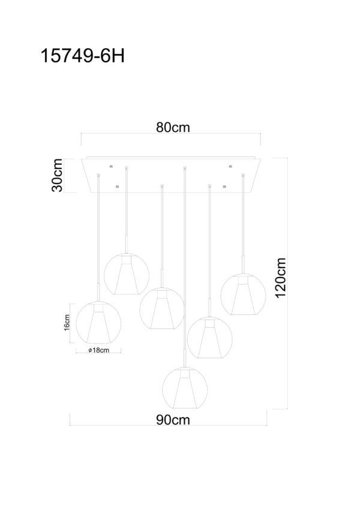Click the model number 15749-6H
click(x=83, y=56)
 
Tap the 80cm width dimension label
click(x=173, y=127)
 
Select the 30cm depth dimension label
click(x=57, y=175)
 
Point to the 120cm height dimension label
click(x=280, y=278)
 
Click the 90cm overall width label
click(x=173, y=420)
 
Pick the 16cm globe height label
click(x=67, y=323)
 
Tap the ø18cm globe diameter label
click(x=98, y=350)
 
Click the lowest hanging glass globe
click(x=185, y=388)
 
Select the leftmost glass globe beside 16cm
click(x=98, y=323)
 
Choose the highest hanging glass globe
click(x=127, y=274)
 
